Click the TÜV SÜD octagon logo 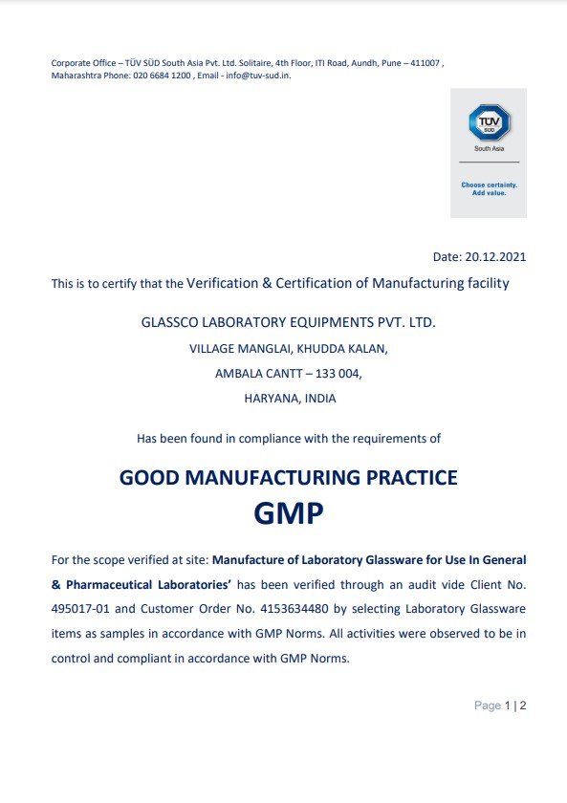(489, 123)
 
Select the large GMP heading (288, 514)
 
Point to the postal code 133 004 (339, 374)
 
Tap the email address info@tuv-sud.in (257, 75)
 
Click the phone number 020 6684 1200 (162, 75)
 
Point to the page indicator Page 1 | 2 (501, 705)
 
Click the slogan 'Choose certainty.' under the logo (489, 184)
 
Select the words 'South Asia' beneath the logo (489, 149)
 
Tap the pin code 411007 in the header (421, 63)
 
